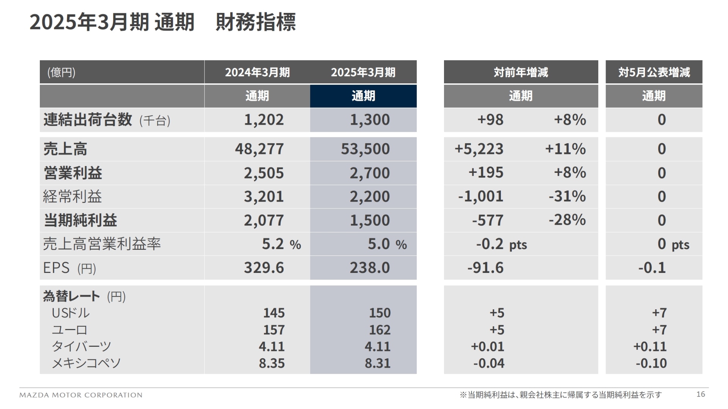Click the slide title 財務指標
point(255,22)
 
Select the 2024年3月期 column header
point(257,72)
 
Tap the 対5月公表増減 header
point(654,72)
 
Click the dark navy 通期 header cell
point(363,96)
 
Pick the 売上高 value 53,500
point(365,149)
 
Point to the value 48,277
point(259,149)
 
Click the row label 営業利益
point(73,173)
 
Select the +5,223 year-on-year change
point(479,149)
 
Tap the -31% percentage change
point(567,196)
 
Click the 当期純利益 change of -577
point(488,220)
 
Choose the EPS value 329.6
point(264,268)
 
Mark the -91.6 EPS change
point(485,268)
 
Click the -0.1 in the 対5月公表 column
point(652,268)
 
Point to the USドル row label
point(71,313)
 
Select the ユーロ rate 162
point(380,330)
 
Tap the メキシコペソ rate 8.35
point(271,363)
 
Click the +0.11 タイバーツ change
point(650,346)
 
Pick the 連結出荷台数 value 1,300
point(369,120)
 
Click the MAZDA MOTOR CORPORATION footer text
point(81,395)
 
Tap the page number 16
point(700,394)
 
